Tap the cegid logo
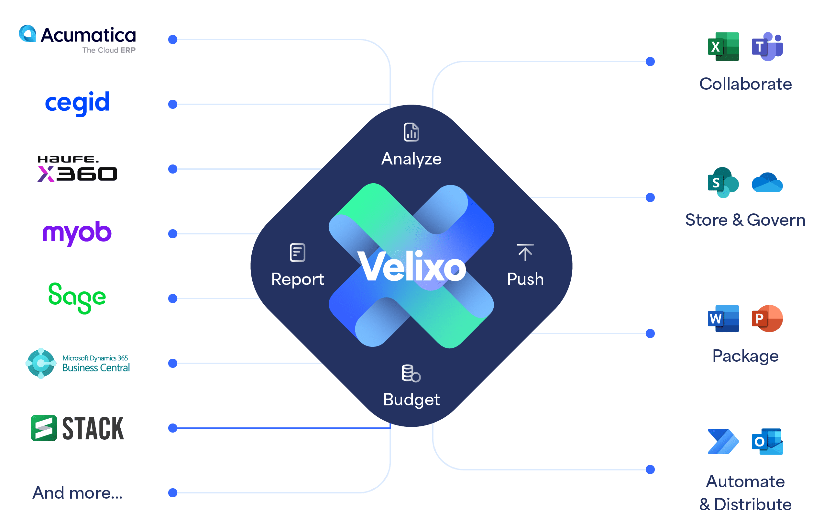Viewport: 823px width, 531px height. [78, 103]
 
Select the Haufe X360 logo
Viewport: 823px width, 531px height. [78, 169]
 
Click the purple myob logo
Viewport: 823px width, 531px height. [77, 233]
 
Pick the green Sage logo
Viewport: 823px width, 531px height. [77, 298]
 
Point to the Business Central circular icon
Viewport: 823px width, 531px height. [41, 363]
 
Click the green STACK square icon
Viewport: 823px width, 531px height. [44, 428]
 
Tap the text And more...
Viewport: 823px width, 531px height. [78, 493]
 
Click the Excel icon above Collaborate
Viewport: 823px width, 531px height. [723, 47]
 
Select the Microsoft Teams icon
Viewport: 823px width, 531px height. [767, 47]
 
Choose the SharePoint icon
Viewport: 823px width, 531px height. [723, 182]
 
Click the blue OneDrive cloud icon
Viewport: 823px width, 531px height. [767, 183]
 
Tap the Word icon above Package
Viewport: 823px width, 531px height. [723, 318]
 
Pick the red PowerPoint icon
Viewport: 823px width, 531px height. [767, 318]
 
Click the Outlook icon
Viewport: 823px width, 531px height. [767, 442]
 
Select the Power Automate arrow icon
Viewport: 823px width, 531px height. [723, 442]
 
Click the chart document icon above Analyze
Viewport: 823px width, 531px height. [411, 132]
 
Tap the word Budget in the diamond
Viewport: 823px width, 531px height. [411, 400]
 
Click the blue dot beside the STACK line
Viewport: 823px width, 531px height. [173, 428]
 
